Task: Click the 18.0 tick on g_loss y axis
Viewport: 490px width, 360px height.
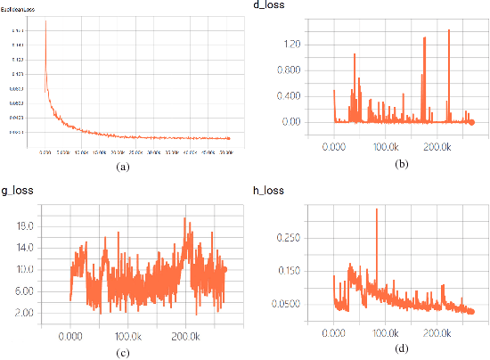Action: click(x=24, y=226)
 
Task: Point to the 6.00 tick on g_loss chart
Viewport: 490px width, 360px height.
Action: click(x=24, y=291)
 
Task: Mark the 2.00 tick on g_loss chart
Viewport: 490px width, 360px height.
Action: click(x=24, y=313)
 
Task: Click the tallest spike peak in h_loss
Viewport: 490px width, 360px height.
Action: click(x=377, y=209)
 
